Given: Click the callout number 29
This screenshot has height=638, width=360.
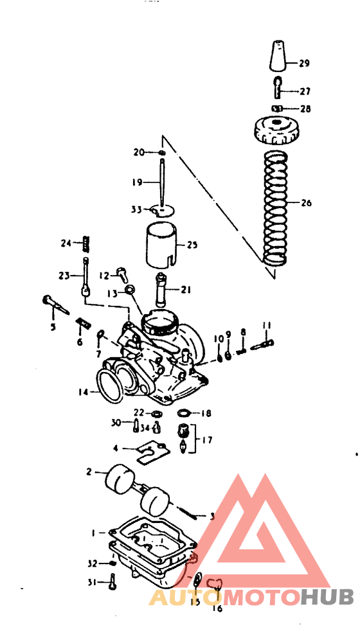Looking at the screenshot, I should (x=304, y=63).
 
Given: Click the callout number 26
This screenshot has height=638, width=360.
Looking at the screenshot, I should (x=306, y=203).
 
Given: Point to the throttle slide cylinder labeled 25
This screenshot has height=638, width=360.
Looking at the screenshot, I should (x=161, y=245).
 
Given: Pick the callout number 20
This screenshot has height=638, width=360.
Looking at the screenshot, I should (x=139, y=152).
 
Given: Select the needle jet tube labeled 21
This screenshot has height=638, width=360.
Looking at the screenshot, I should (x=161, y=289).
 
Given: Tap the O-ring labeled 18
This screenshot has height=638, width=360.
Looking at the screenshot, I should (x=183, y=413).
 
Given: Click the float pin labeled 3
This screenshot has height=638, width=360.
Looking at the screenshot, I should (x=186, y=511).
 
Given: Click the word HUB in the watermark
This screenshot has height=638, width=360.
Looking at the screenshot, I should (x=328, y=597).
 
